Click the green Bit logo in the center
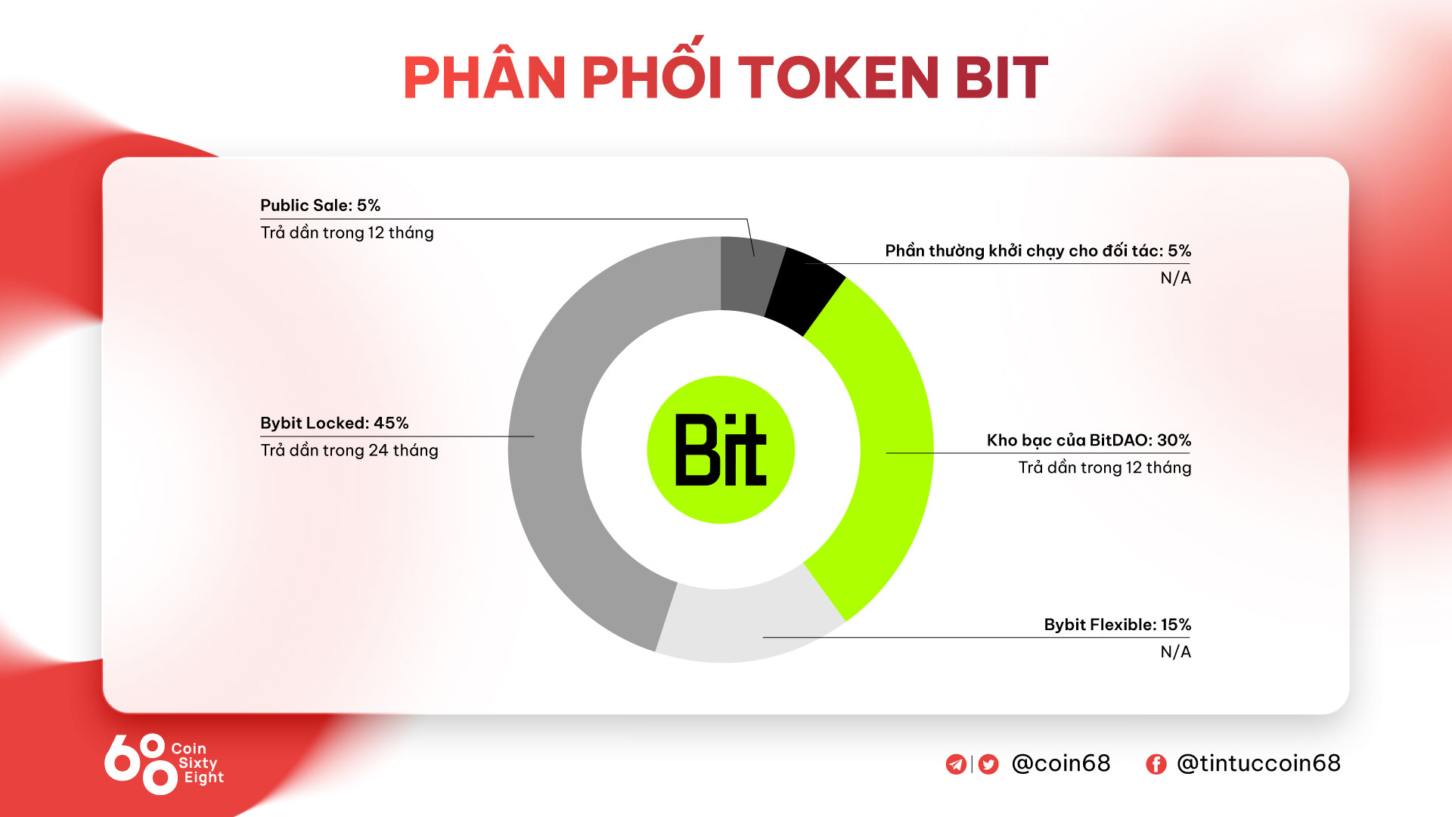pyautogui.click(x=721, y=450)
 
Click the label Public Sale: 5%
pyautogui.click(x=320, y=205)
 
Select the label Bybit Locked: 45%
pyautogui.click(x=334, y=423)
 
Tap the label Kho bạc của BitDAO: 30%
pyautogui.click(x=1089, y=440)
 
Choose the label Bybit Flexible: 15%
pyautogui.click(x=1118, y=625)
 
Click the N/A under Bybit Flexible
pyautogui.click(x=1176, y=652)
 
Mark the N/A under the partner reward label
pyautogui.click(x=1176, y=278)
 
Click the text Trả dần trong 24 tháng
pyautogui.click(x=349, y=451)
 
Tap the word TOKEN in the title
pyautogui.click(x=838, y=77)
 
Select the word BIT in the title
pyautogui.click(x=1001, y=77)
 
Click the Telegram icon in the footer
pyautogui.click(x=956, y=764)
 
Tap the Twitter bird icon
pyautogui.click(x=988, y=764)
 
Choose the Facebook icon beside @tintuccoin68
pyautogui.click(x=1156, y=764)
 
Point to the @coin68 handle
pyautogui.click(x=1061, y=763)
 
